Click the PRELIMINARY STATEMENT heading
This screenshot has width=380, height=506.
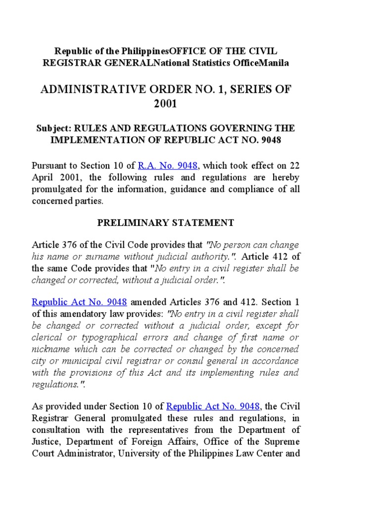[x=165, y=222]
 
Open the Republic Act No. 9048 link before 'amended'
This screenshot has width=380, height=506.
[x=80, y=301]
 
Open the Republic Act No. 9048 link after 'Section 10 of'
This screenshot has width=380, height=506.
[x=213, y=406]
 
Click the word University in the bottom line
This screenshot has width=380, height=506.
[x=139, y=453]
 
